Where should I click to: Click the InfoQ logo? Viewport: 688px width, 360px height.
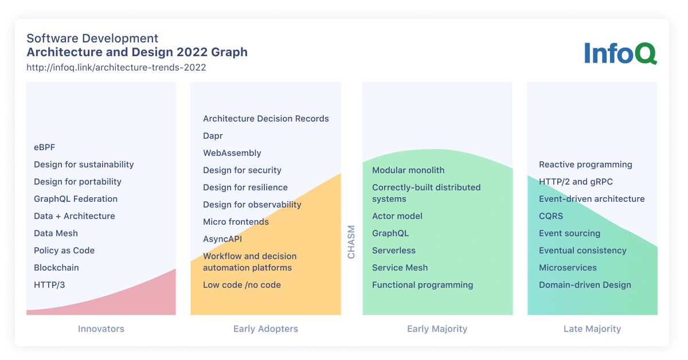(x=620, y=53)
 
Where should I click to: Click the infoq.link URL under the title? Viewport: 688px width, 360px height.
(x=116, y=67)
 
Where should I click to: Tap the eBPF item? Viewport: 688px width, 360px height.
(x=45, y=147)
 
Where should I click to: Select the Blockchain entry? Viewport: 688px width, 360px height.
(x=56, y=268)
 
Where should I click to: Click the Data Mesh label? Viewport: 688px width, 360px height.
(x=56, y=233)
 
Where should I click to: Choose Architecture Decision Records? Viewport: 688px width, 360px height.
(x=266, y=119)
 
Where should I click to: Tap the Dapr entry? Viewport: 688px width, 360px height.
(x=213, y=136)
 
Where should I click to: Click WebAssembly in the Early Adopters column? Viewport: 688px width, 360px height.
(x=232, y=153)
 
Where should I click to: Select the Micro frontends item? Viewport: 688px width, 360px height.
(x=236, y=222)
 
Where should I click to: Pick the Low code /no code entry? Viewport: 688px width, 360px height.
(x=242, y=285)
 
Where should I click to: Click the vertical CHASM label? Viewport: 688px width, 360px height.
(x=351, y=242)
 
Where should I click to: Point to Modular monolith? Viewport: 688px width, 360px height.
(x=408, y=170)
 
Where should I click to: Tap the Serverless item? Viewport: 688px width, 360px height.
(x=394, y=251)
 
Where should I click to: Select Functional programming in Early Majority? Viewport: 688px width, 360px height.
(x=423, y=285)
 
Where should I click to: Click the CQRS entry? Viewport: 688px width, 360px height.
(x=551, y=216)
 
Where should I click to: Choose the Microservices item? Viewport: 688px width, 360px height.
(x=568, y=268)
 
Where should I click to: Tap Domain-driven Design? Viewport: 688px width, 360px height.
(x=585, y=285)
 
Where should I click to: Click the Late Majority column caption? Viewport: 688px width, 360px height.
(x=592, y=329)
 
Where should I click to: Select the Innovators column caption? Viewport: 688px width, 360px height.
(x=101, y=329)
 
